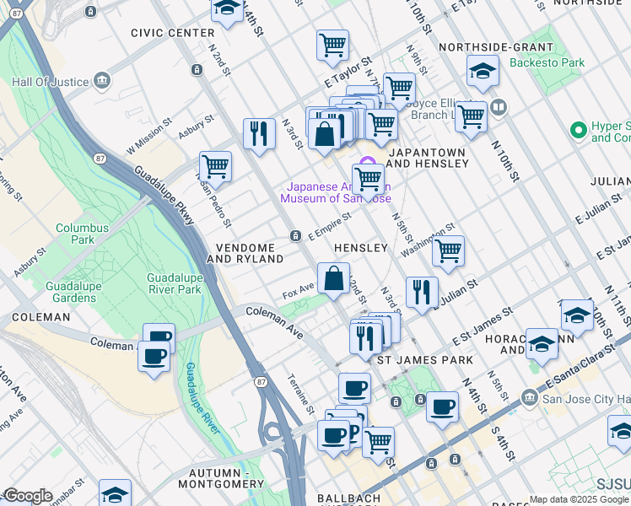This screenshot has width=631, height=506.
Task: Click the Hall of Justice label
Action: click(x=51, y=82)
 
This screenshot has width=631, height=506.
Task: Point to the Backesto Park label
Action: click(x=547, y=62)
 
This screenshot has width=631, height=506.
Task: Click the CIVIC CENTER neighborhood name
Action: click(x=173, y=33)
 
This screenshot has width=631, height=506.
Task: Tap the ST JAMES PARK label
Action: click(x=424, y=360)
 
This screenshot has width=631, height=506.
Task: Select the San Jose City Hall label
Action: click(x=582, y=398)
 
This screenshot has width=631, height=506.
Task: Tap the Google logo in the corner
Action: click(x=27, y=496)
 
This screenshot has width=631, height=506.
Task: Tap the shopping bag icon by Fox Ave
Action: click(x=334, y=277)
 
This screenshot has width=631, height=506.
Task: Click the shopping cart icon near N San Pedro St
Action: click(x=216, y=166)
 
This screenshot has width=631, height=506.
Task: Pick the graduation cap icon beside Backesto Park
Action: click(x=483, y=70)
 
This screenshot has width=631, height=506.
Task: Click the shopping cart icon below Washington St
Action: click(x=448, y=250)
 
